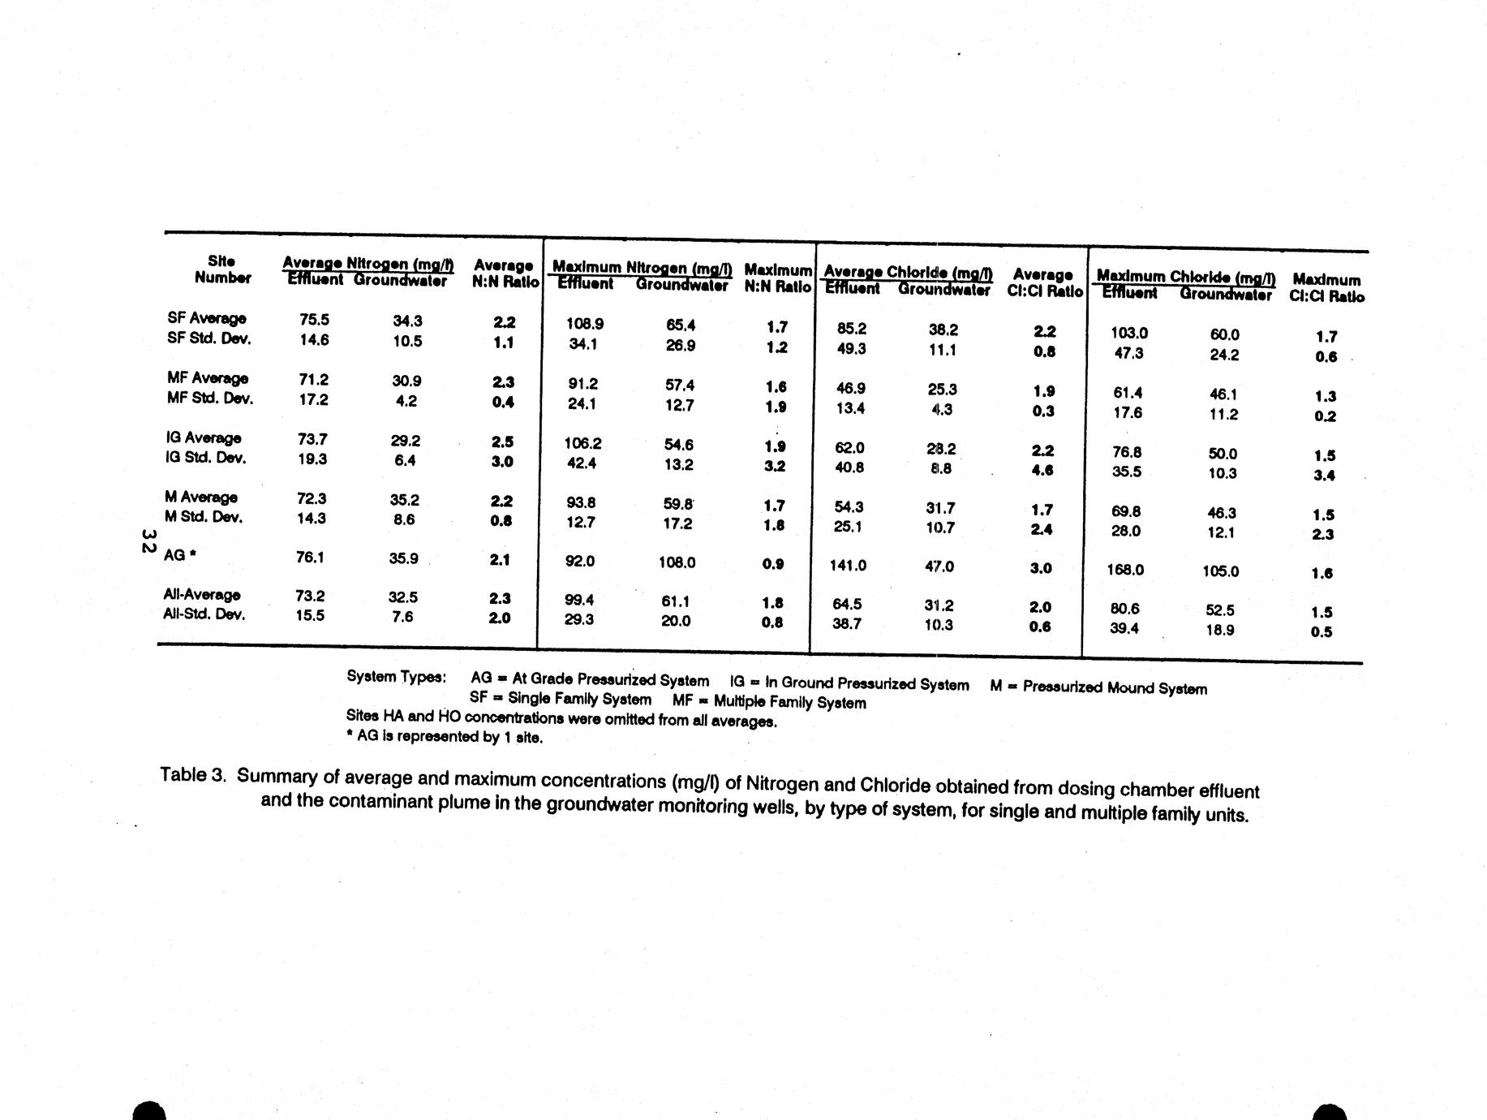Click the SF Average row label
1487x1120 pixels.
pos(207,318)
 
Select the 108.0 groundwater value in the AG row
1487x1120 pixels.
pos(676,562)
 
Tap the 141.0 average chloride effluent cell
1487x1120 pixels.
pos(848,565)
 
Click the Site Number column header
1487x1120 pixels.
pos(221,269)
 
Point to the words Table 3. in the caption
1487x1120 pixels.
pos(192,774)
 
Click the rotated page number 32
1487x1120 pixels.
pos(148,541)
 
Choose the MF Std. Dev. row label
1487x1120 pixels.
pos(210,398)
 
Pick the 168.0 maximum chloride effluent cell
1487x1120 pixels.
pos(1125,570)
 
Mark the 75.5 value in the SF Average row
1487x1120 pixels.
pos(314,320)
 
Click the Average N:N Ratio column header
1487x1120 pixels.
pos(505,274)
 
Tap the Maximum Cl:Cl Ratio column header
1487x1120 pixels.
pos(1326,288)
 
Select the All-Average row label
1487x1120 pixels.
pos(202,594)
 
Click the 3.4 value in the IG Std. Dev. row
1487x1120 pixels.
pos(1324,476)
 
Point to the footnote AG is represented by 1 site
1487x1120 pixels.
pos(444,737)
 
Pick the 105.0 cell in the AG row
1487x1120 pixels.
pos(1220,571)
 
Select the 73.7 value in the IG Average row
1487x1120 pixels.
pos(312,439)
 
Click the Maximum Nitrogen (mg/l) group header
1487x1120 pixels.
pos(642,268)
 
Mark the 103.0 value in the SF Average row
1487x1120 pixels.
pos(1129,333)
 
